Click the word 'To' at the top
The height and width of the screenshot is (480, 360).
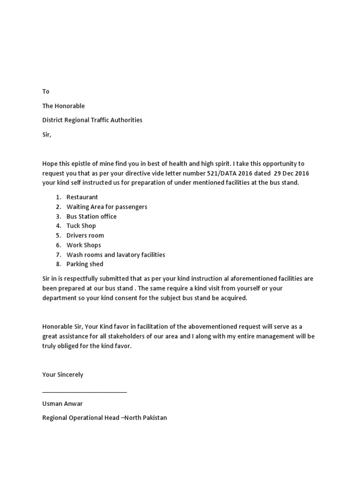(x=46, y=91)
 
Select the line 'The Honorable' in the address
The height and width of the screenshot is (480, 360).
(x=63, y=106)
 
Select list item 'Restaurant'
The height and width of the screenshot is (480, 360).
(x=82, y=197)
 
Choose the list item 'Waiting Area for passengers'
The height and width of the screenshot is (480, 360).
(x=106, y=207)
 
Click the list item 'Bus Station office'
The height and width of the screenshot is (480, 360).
(x=91, y=217)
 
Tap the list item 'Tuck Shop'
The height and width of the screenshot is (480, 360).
(x=81, y=226)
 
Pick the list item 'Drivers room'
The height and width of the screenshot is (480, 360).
(x=85, y=235)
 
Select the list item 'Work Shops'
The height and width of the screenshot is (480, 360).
(x=83, y=245)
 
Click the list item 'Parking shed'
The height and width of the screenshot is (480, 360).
(x=84, y=264)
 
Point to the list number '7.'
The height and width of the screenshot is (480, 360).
(x=59, y=255)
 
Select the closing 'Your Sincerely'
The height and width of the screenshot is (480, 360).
(x=63, y=375)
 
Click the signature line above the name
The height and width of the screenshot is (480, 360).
(x=84, y=391)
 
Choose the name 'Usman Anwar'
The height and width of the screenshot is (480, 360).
(x=62, y=404)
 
